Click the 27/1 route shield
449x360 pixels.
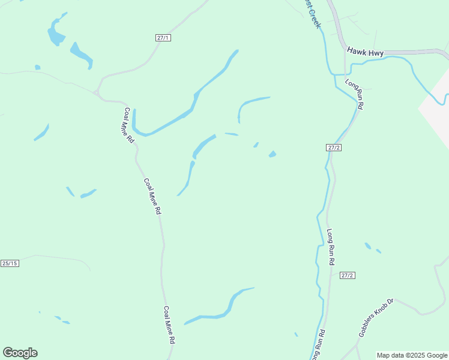click(x=163, y=37)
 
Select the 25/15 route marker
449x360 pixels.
click(x=10, y=263)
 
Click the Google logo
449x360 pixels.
click(x=20, y=353)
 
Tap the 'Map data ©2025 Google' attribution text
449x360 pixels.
click(x=412, y=355)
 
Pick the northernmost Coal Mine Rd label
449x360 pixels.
click(x=128, y=125)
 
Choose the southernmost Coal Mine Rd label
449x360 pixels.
click(x=170, y=325)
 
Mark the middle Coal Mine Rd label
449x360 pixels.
click(x=152, y=196)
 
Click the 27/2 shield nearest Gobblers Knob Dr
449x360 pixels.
click(x=348, y=275)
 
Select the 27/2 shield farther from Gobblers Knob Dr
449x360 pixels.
click(x=334, y=148)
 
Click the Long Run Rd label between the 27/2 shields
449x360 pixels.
click(x=330, y=247)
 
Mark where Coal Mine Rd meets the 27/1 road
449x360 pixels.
click(x=98, y=94)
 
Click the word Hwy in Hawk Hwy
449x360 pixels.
click(x=376, y=53)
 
